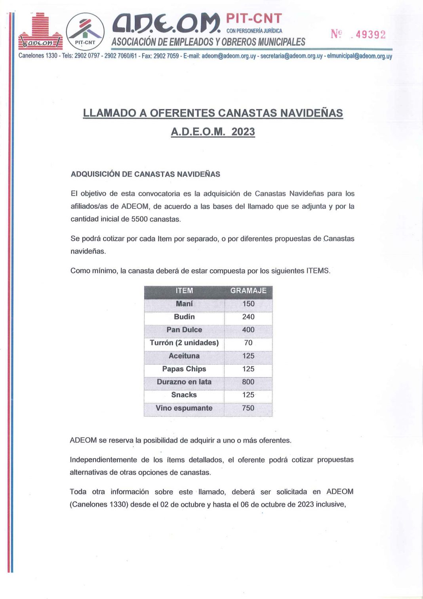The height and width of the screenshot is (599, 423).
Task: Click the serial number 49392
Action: (370, 35)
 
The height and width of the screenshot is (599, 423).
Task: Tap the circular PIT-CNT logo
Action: (85, 32)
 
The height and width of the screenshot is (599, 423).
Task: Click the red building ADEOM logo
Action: (40, 32)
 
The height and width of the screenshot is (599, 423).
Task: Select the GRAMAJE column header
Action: (248, 291)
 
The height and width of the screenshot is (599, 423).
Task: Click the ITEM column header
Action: (184, 291)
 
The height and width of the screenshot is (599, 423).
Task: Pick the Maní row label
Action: (184, 304)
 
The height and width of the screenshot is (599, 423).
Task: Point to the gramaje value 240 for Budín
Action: (248, 317)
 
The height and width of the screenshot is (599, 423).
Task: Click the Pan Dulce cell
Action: (184, 330)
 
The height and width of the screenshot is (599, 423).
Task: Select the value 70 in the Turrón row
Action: (248, 343)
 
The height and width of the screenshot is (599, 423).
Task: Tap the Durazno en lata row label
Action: (184, 382)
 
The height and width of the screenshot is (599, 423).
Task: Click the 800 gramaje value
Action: (248, 382)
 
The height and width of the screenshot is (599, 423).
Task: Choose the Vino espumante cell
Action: (184, 408)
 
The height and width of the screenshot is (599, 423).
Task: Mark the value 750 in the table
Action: (248, 408)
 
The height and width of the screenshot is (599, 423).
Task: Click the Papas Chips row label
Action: (184, 369)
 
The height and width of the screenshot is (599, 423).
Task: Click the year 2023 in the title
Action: (243, 132)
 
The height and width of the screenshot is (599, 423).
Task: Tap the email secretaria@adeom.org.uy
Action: (291, 56)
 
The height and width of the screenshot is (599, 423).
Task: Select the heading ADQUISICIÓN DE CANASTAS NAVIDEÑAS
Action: (145, 174)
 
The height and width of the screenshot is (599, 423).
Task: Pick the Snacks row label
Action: (184, 395)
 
